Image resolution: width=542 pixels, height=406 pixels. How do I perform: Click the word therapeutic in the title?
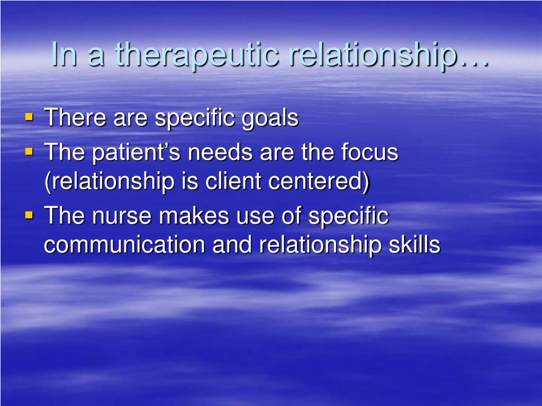click(197, 55)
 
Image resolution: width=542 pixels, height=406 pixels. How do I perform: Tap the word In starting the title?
click(64, 54)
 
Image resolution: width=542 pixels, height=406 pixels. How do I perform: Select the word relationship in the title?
click(373, 55)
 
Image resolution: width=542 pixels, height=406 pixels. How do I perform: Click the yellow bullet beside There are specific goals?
click(30, 117)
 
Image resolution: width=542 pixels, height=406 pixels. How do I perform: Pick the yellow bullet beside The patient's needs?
click(30, 152)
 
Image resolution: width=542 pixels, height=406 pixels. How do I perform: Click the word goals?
click(269, 118)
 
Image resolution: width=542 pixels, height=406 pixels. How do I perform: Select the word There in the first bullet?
click(75, 117)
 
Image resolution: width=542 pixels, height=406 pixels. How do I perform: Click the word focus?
click(369, 152)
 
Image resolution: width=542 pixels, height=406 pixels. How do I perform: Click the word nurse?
click(122, 216)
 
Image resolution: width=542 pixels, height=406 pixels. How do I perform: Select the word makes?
click(194, 216)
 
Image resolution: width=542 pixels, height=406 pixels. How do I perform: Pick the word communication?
click(124, 245)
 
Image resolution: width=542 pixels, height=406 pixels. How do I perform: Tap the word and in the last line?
click(232, 245)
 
